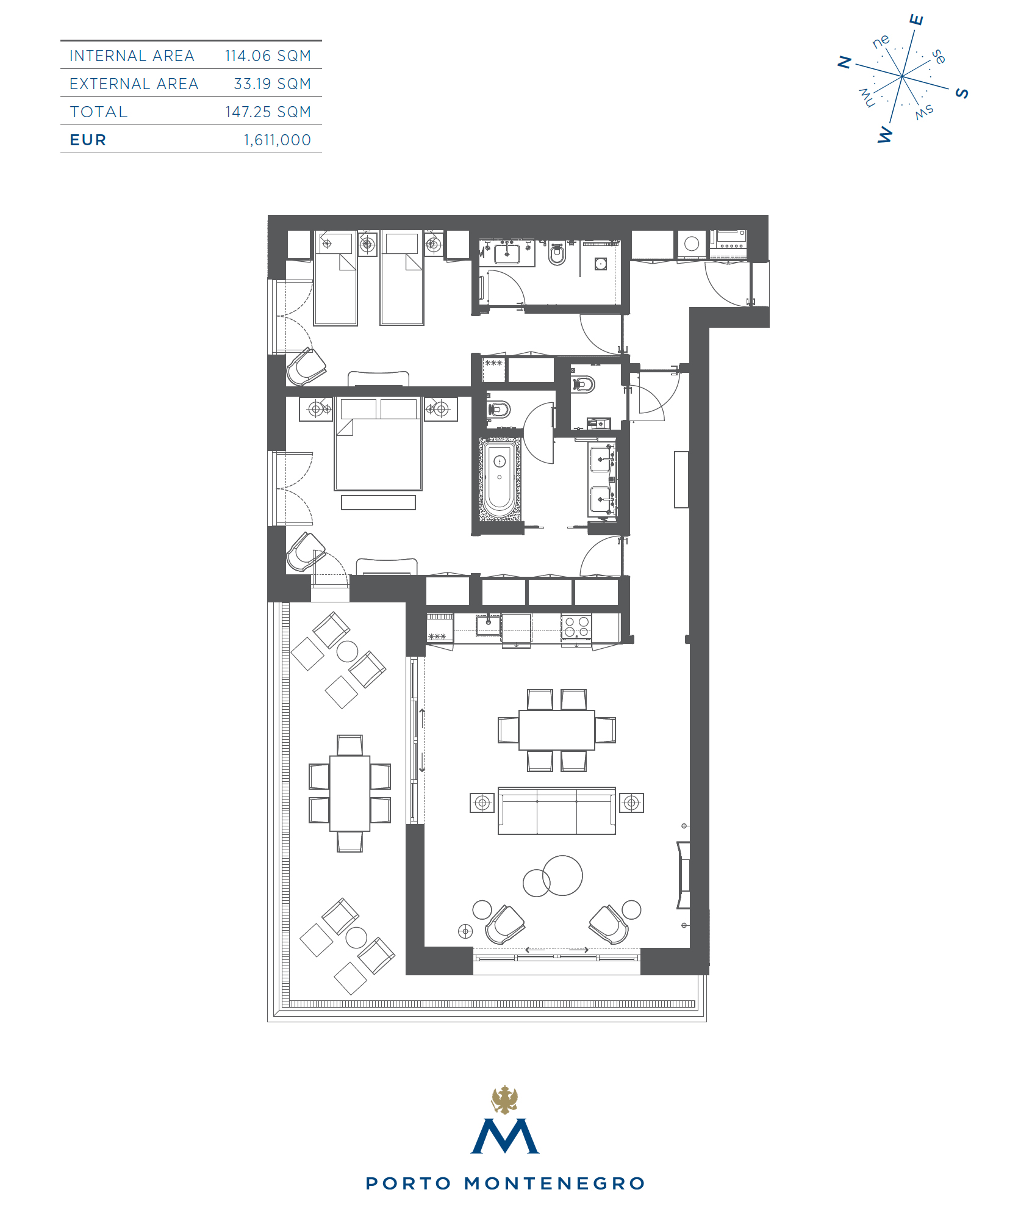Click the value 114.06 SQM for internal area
(268, 56)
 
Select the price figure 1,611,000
(278, 140)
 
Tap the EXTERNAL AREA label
(134, 84)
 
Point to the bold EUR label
(88, 140)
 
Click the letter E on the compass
(917, 20)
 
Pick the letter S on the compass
(962, 93)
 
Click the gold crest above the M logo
(505, 1100)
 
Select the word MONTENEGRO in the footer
(554, 1183)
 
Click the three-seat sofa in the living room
(557, 811)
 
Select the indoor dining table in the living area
(557, 730)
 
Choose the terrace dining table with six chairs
(349, 793)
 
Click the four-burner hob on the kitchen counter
(576, 627)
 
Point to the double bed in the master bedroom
(378, 444)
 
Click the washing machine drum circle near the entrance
(692, 244)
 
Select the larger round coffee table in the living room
(562, 875)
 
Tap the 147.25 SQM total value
(268, 112)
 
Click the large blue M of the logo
(505, 1136)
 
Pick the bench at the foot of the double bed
(378, 502)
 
